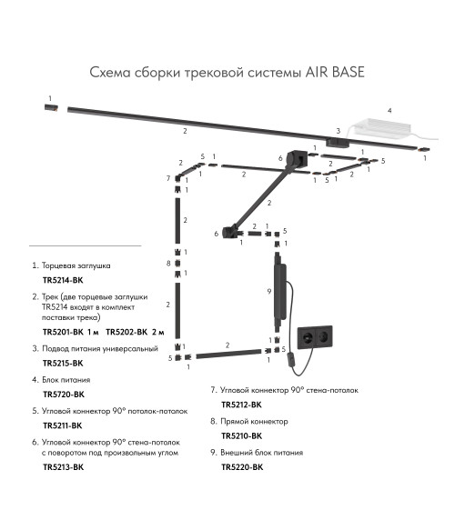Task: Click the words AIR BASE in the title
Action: coord(335,72)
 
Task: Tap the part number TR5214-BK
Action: coord(63,280)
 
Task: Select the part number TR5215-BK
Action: coord(63,363)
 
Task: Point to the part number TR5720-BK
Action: coord(64,395)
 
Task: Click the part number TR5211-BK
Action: coord(63,425)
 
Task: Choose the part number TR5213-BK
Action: coord(64,466)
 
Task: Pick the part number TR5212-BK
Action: coord(241,405)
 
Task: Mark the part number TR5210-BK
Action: coord(241,435)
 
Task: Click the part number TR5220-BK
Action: coord(242,466)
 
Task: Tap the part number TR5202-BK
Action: coord(126,332)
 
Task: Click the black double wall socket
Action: coord(315,337)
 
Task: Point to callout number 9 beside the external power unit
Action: coord(269,292)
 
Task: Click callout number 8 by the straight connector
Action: coord(168,263)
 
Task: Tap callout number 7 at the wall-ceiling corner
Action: coord(168,178)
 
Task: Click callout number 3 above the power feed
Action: coord(338,131)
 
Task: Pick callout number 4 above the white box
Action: coord(389,111)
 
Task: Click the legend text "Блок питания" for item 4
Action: coord(66,380)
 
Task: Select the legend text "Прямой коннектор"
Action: coord(254,421)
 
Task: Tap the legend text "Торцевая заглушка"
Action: coord(76,265)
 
